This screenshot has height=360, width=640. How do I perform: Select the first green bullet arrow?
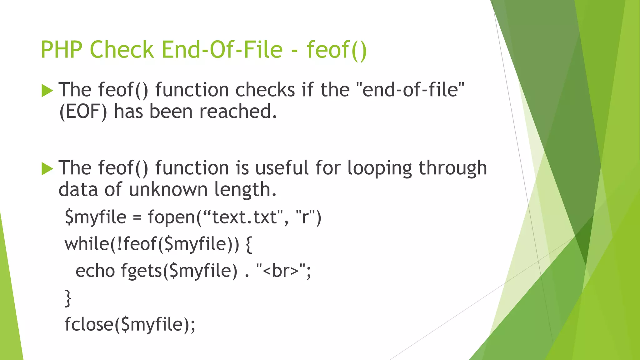click(x=47, y=91)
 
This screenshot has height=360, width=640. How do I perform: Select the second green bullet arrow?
click(x=47, y=169)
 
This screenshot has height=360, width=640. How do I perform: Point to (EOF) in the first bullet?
click(x=83, y=112)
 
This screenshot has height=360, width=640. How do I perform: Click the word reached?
click(x=238, y=112)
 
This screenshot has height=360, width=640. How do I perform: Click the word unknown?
click(x=168, y=190)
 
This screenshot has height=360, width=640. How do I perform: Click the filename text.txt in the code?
click(x=244, y=217)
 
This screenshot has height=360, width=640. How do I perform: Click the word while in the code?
click(x=87, y=244)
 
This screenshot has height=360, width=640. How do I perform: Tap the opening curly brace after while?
click(x=249, y=244)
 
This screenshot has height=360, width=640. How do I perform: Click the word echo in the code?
click(x=95, y=271)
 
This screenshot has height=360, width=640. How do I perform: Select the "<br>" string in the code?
click(x=281, y=271)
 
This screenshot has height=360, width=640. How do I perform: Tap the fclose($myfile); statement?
click(x=130, y=324)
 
